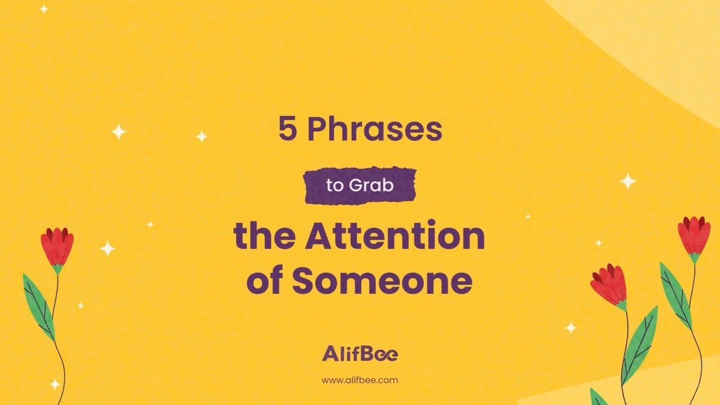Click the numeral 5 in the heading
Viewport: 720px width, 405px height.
[x=287, y=130]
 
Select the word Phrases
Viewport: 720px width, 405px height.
[x=375, y=130]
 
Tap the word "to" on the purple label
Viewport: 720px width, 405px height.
[x=334, y=186]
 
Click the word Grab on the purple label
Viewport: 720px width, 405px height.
[x=371, y=186]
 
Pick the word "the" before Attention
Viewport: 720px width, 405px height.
[x=264, y=236]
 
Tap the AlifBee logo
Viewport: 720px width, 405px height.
[x=359, y=354]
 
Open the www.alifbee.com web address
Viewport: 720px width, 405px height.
[x=359, y=380]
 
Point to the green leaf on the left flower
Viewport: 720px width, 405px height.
[x=38, y=307]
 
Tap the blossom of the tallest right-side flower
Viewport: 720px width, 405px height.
[x=694, y=235]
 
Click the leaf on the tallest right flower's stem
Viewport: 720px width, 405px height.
[x=675, y=295]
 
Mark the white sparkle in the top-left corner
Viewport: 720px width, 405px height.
[x=44, y=9]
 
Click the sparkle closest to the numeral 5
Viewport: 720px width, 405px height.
[x=201, y=136]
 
